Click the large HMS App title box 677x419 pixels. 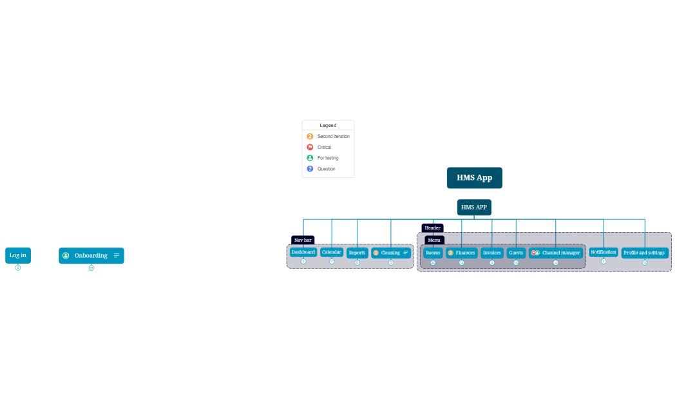click(x=474, y=178)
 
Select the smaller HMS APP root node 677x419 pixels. click(x=474, y=208)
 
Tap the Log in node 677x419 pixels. click(x=18, y=255)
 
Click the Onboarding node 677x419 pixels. click(x=91, y=256)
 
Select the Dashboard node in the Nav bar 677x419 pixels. click(x=303, y=252)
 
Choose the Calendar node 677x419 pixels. click(x=332, y=252)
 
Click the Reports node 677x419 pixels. click(x=357, y=253)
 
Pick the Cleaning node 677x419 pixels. click(x=390, y=253)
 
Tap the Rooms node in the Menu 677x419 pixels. click(x=433, y=253)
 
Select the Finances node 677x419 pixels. click(x=462, y=253)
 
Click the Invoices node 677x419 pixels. click(x=491, y=253)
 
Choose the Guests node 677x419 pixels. click(x=516, y=253)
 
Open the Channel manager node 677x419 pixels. click(x=555, y=253)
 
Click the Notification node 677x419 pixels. click(x=604, y=252)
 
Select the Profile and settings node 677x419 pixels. click(x=644, y=253)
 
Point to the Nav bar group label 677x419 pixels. click(x=303, y=240)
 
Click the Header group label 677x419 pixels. click(x=432, y=228)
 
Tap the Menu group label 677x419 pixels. click(x=434, y=240)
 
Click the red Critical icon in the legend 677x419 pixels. click(x=310, y=147)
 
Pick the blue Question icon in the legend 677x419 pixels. click(x=310, y=169)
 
